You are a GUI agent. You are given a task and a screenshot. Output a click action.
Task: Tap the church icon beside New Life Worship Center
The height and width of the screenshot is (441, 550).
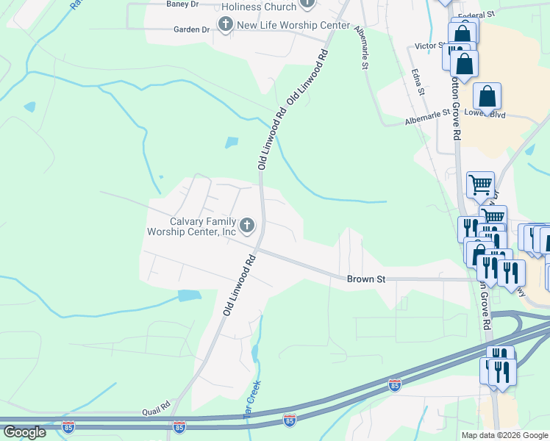[x=225, y=26]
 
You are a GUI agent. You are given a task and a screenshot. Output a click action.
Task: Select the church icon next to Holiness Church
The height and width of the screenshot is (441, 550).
[x=307, y=5]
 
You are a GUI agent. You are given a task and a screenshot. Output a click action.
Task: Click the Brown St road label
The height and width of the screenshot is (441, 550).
[x=366, y=279]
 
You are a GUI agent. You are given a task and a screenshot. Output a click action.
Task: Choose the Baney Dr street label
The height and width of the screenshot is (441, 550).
[x=182, y=4]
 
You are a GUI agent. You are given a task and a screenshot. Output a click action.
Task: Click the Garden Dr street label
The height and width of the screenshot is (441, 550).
[x=191, y=29]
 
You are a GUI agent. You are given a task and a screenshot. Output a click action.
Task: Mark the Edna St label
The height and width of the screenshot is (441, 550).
[x=418, y=81]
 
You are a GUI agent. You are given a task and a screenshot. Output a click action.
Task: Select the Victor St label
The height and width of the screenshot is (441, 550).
[x=430, y=46]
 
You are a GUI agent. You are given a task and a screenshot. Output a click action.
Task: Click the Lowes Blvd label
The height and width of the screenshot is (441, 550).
[x=488, y=115]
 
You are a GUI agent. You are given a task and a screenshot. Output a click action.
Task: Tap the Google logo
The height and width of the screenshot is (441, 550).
[x=24, y=432]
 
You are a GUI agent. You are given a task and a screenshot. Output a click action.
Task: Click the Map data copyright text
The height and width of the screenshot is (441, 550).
[x=504, y=435]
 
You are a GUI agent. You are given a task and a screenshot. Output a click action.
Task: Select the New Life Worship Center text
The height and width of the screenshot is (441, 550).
[x=293, y=26]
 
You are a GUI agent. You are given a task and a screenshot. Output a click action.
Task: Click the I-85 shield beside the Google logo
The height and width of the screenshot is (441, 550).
[x=68, y=426]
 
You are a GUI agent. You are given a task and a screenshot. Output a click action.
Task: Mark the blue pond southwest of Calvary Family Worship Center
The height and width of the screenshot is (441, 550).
[x=189, y=295]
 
